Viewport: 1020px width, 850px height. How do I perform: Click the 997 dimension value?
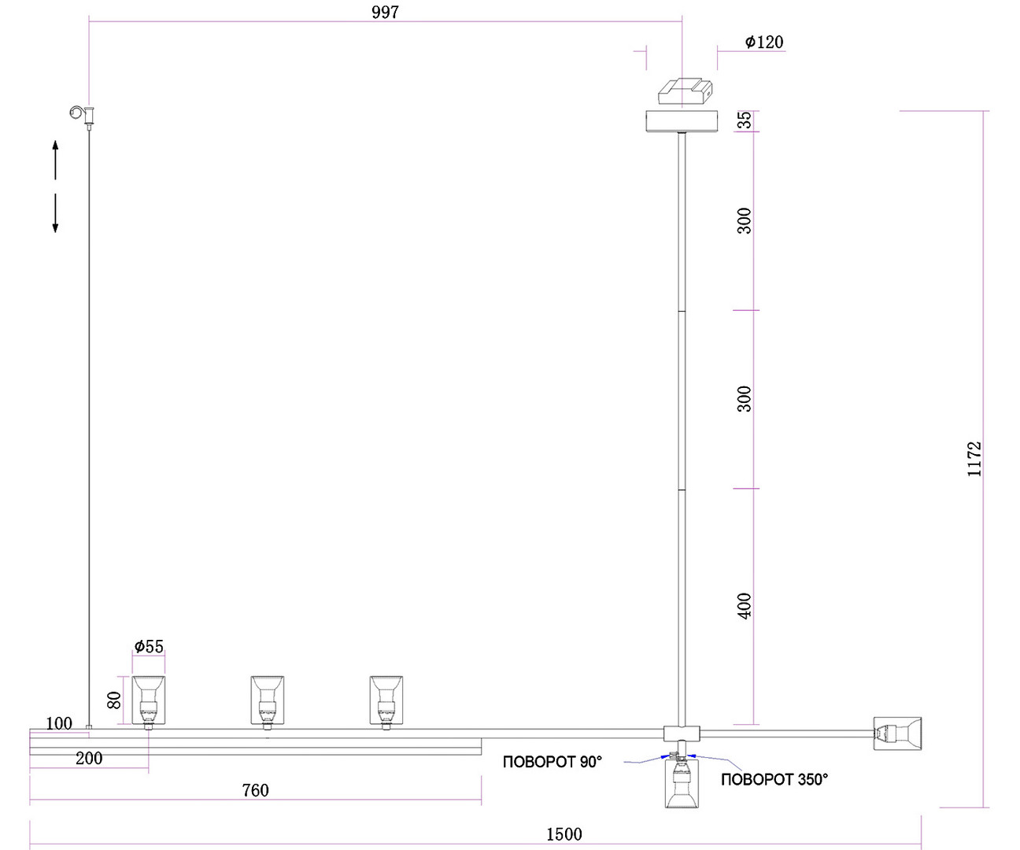(x=385, y=13)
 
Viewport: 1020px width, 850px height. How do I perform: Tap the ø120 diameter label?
(x=764, y=42)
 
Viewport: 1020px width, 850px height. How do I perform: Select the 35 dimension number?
(x=744, y=120)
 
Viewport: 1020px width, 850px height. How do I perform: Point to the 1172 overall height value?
(x=974, y=459)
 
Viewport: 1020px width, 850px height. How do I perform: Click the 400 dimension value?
(x=744, y=606)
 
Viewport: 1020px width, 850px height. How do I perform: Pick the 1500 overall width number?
(x=564, y=834)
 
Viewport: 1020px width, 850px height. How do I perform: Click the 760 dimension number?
(x=255, y=790)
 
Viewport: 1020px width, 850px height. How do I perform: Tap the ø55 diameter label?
(x=149, y=647)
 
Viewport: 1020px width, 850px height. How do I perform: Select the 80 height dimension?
(x=113, y=700)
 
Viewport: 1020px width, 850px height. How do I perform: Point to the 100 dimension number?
(x=58, y=723)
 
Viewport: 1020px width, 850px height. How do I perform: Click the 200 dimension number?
(x=89, y=758)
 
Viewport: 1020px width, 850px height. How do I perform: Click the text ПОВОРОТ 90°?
(x=552, y=762)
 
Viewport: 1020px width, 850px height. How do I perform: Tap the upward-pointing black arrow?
(x=55, y=160)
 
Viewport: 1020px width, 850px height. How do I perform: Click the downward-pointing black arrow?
(x=55, y=213)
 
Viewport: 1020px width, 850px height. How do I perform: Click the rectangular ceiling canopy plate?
(x=682, y=121)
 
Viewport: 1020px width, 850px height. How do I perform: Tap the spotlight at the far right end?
(x=897, y=734)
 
